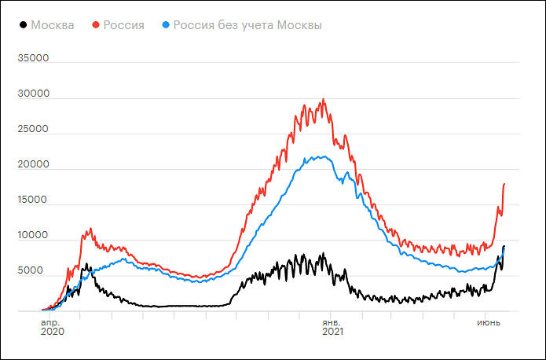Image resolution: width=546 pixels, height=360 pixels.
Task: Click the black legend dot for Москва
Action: (22, 25)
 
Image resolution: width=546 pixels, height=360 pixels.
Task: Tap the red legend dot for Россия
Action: (96, 25)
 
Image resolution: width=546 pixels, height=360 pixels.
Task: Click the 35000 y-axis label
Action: (34, 58)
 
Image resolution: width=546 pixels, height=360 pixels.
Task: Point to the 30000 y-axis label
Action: (34, 94)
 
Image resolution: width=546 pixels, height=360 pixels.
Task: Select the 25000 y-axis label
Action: (34, 129)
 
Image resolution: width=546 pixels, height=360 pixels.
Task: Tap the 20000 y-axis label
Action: (34, 164)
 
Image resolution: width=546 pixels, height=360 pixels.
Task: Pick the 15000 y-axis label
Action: (34, 200)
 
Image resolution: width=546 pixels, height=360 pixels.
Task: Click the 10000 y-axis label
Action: (34, 235)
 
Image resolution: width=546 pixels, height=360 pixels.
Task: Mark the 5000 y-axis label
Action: (37, 270)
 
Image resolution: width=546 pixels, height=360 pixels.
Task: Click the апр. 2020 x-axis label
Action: (52, 326)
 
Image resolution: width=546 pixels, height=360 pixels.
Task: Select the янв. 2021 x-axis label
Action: (332, 326)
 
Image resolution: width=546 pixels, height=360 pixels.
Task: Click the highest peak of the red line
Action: (323, 99)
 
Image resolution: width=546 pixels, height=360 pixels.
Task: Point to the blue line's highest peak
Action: (323, 156)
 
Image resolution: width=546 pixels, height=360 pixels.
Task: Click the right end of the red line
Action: (504, 183)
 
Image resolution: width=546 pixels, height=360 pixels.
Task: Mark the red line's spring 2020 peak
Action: (91, 229)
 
